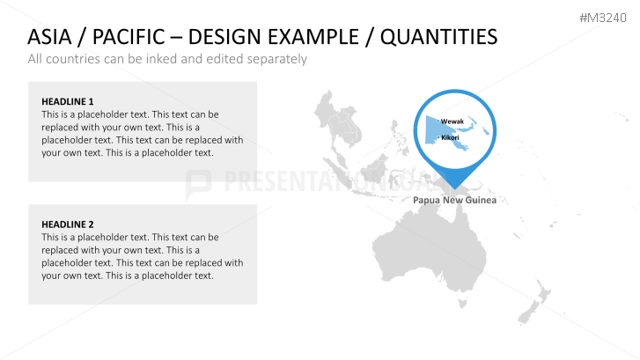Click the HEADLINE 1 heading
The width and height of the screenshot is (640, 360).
click(67, 101)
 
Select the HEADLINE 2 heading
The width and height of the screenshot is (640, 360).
click(67, 224)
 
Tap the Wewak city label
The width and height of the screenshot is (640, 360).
click(452, 121)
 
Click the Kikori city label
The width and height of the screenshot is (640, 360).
click(450, 138)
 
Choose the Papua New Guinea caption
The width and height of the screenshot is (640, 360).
click(455, 201)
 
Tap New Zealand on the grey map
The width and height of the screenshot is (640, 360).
click(528, 308)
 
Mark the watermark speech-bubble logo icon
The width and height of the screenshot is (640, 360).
click(199, 183)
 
